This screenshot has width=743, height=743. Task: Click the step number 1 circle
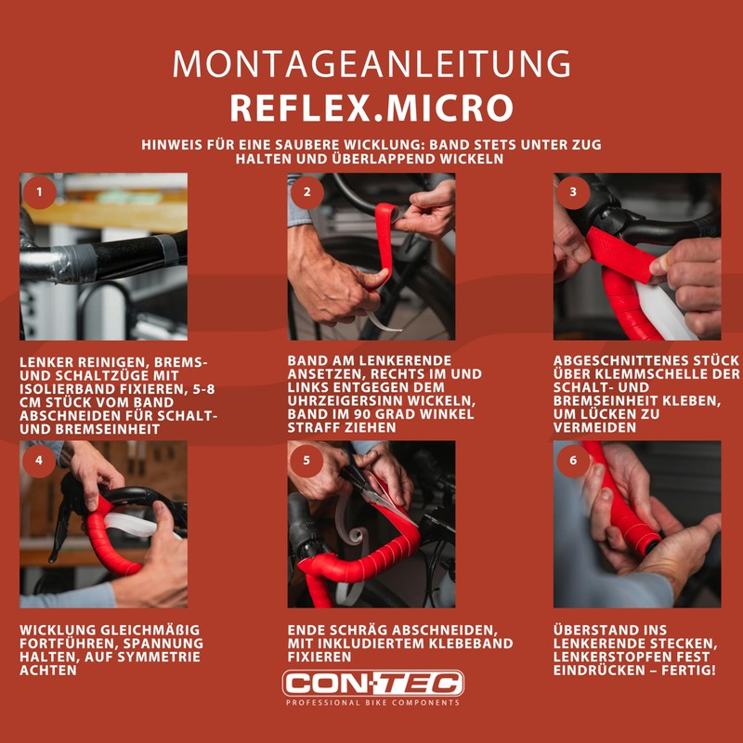click(38, 192)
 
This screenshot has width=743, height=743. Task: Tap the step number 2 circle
click(306, 192)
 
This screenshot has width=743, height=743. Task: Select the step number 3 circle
click(573, 192)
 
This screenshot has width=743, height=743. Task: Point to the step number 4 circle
click(38, 460)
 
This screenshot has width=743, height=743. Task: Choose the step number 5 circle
click(306, 460)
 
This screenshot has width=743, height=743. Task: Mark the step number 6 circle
click(573, 460)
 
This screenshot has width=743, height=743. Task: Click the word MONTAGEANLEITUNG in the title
click(371, 63)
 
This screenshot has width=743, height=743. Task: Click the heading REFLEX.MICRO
click(371, 108)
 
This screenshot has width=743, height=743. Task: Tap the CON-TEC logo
click(371, 684)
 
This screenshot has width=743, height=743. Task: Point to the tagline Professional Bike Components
click(371, 703)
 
